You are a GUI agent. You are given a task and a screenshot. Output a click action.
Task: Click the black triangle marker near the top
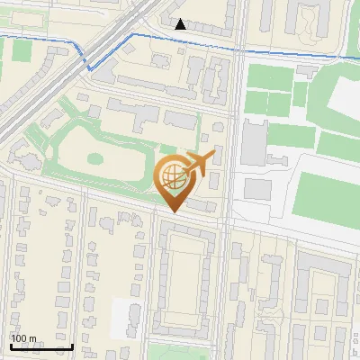click(181, 24)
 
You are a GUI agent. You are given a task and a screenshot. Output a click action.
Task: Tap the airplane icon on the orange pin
click(198, 163)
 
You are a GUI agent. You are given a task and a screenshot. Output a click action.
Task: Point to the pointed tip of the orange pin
click(174, 210)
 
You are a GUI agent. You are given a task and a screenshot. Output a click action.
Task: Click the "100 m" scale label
click(23, 338)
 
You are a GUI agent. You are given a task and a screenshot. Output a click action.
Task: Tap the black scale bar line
click(41, 346)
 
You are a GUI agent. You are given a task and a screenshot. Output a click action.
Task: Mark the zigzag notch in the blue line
click(89, 66)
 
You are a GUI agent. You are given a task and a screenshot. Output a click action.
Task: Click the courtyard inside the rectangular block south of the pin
click(187, 274)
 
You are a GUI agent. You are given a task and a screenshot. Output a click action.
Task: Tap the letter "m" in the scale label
click(32, 338)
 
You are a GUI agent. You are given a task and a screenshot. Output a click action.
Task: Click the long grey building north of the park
click(144, 112)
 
